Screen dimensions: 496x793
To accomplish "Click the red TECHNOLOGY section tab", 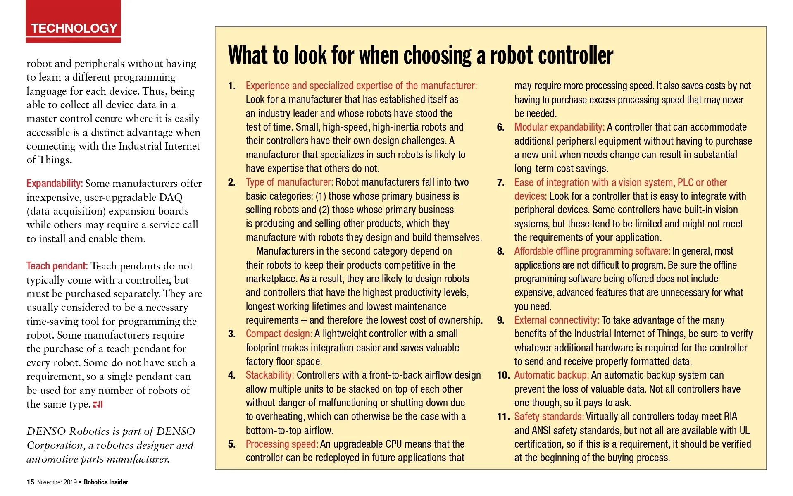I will pyautogui.click(x=74, y=28).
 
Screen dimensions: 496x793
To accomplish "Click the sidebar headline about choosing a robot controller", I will pyautogui.click(x=420, y=55).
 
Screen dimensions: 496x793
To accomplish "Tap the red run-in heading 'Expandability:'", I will pyautogui.click(x=55, y=184).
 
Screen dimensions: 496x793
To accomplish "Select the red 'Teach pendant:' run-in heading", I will pyautogui.click(x=57, y=266).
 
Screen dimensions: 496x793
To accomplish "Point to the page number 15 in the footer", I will pyautogui.click(x=30, y=482).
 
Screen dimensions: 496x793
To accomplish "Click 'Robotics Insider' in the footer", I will pyautogui.click(x=106, y=482).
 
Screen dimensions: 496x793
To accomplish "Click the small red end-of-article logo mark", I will pyautogui.click(x=98, y=404).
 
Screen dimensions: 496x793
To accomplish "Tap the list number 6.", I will pyautogui.click(x=500, y=127).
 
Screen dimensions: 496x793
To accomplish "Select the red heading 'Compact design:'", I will pyautogui.click(x=279, y=334).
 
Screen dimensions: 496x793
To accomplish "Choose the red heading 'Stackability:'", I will pyautogui.click(x=270, y=375).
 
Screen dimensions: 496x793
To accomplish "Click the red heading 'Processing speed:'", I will pyautogui.click(x=282, y=444).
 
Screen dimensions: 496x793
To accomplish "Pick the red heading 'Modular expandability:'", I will pyautogui.click(x=560, y=127).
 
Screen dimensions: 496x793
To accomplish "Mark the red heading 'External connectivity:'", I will pyautogui.click(x=557, y=320).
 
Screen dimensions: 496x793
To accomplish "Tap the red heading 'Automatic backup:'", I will pyautogui.click(x=552, y=375).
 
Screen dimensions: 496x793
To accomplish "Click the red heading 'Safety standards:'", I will pyautogui.click(x=549, y=417).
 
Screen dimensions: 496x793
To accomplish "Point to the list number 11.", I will pyautogui.click(x=503, y=417).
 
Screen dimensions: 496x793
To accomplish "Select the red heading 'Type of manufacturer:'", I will pyautogui.click(x=289, y=182).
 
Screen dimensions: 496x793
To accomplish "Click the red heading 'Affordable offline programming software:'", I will pyautogui.click(x=592, y=251).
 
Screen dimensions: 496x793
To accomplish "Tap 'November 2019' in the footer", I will pyautogui.click(x=57, y=482).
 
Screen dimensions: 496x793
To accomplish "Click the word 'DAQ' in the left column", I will pyautogui.click(x=171, y=198).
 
